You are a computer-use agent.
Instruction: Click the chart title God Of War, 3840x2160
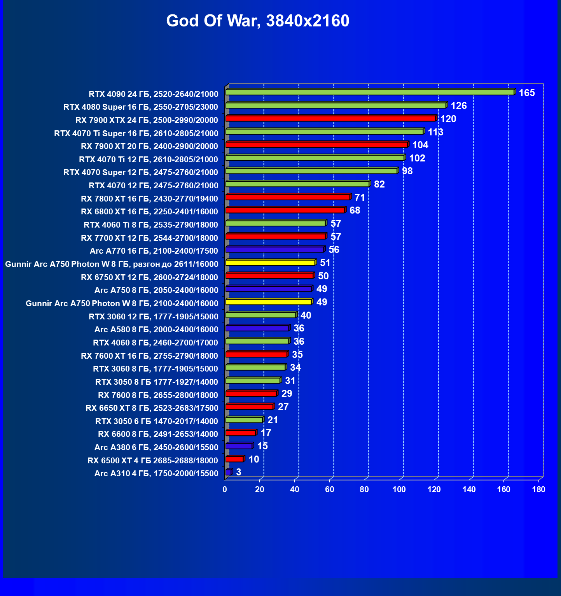(x=257, y=21)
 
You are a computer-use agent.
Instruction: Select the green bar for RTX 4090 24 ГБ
(x=369, y=92)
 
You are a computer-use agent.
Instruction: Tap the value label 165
(x=527, y=93)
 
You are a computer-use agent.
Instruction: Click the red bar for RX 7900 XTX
(x=330, y=118)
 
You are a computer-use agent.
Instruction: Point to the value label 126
(x=458, y=106)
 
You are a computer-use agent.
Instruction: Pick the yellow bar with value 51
(x=270, y=263)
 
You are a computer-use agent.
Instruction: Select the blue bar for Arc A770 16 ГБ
(x=274, y=249)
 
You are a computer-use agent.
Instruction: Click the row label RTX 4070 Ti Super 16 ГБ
(x=136, y=133)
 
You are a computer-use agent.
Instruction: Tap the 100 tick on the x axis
(x=399, y=489)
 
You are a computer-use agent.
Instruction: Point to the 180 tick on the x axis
(x=538, y=489)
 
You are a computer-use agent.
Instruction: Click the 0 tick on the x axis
(x=225, y=489)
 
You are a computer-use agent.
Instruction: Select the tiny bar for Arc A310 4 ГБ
(x=229, y=472)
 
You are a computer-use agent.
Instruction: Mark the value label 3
(x=239, y=472)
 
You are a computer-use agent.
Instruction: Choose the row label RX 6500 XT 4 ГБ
(x=152, y=461)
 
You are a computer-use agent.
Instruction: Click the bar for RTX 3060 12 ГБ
(x=260, y=315)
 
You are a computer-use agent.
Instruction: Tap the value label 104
(x=420, y=145)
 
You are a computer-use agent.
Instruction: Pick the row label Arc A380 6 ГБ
(x=156, y=447)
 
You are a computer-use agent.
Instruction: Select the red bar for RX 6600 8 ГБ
(x=240, y=433)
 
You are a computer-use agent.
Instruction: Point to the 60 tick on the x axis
(x=329, y=489)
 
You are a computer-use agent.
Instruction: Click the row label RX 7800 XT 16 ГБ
(x=149, y=199)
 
